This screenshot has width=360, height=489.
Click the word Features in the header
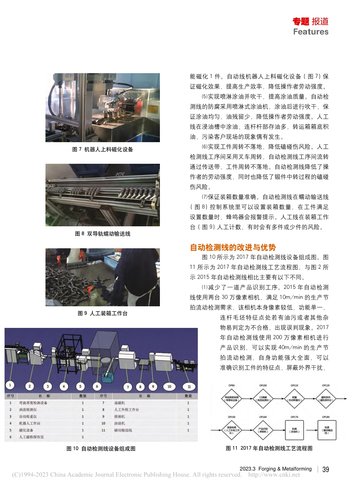(311, 32)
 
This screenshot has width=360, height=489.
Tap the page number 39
(326, 470)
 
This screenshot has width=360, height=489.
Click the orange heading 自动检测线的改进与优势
(233, 248)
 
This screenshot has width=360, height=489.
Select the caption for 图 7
(102, 149)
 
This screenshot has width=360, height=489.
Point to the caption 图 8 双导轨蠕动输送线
(102, 234)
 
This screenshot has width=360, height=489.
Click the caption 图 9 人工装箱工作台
(102, 313)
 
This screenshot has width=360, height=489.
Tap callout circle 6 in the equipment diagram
(97, 386)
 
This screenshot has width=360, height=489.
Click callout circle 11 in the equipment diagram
(189, 387)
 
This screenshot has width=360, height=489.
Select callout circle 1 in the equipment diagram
(10, 385)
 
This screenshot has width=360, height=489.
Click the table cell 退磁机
(119, 403)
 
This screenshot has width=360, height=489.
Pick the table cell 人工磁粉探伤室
(31, 437)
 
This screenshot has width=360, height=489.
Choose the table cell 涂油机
(119, 423)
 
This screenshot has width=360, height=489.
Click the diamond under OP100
(263, 398)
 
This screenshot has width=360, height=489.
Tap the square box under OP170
(294, 430)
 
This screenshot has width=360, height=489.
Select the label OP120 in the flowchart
(326, 386)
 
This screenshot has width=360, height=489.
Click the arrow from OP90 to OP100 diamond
(247, 398)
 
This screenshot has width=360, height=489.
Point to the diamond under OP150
(232, 430)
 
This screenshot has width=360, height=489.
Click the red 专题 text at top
(301, 22)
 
